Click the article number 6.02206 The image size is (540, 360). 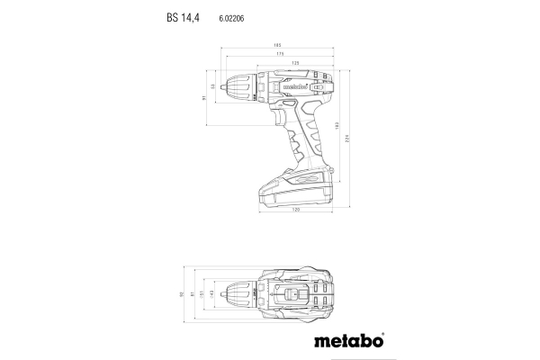pos(232,16)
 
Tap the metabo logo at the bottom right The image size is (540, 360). pos(351,341)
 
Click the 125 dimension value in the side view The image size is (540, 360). pos(294,63)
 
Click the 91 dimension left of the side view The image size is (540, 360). pos(205,98)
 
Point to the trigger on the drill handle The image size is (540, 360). pos(274,118)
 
